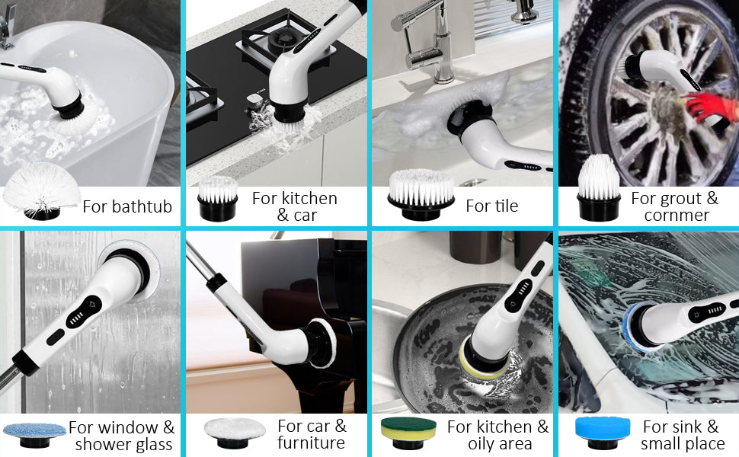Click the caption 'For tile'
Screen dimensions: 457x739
(491, 206)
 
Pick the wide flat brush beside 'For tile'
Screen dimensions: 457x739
(421, 195)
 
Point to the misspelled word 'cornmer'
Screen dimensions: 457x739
(676, 216)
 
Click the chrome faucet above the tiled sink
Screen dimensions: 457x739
(431, 42)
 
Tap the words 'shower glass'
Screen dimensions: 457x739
(123, 445)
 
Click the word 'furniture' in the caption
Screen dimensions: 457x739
(311, 443)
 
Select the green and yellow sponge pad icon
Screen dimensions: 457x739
(408, 430)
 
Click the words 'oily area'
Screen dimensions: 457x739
(499, 444)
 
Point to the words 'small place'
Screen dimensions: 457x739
(682, 444)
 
